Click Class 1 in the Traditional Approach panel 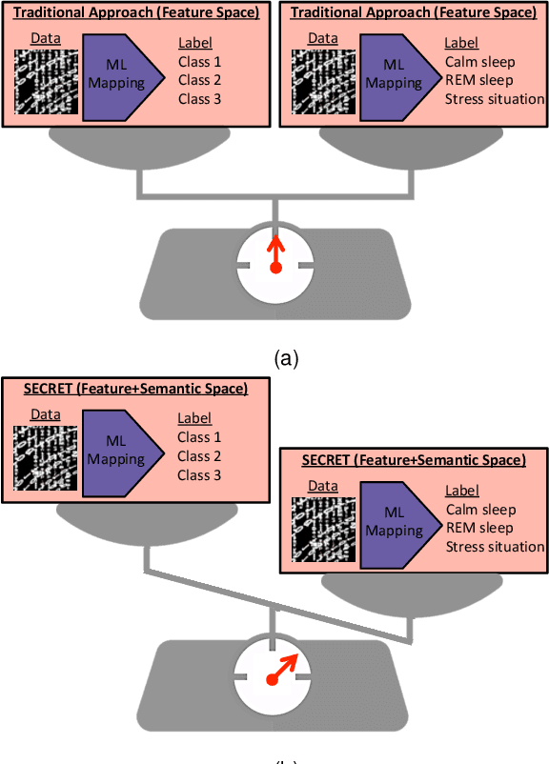pyautogui.click(x=199, y=62)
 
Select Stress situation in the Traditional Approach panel pyautogui.click(x=495, y=99)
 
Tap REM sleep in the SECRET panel pyautogui.click(x=479, y=528)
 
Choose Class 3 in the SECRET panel pyautogui.click(x=199, y=474)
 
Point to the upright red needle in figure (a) pyautogui.click(x=275, y=254)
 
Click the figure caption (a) pyautogui.click(x=286, y=358)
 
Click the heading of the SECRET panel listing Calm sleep pyautogui.click(x=413, y=460)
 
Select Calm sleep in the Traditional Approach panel pyautogui.click(x=479, y=62)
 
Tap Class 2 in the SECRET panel pyautogui.click(x=199, y=456)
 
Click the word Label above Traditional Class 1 pyautogui.click(x=194, y=43)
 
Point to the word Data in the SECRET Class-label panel pyautogui.click(x=44, y=414)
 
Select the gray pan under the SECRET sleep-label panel pyautogui.click(x=412, y=595)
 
